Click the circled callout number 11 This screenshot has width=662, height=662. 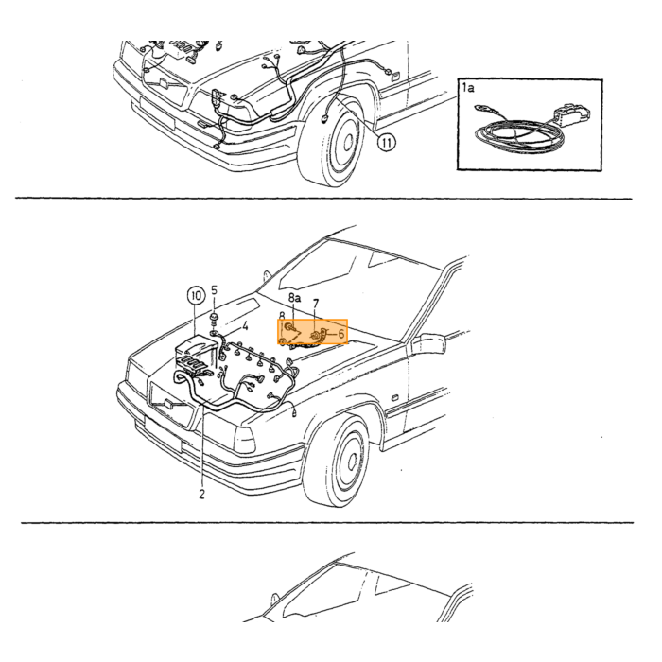point(386,142)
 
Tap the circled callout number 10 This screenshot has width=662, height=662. point(196,295)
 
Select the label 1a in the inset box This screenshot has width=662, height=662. point(468,87)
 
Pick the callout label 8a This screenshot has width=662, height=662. point(295,298)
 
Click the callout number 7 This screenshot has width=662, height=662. point(316,304)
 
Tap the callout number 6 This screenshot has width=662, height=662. point(341,335)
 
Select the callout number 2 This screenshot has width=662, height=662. point(201,494)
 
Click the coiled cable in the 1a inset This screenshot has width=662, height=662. point(519,136)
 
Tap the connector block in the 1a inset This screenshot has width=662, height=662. point(571,113)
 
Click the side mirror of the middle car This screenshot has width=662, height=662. point(428,343)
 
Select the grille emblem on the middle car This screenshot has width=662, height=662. point(169,404)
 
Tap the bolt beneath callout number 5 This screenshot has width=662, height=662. point(214,319)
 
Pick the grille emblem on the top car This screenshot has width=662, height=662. point(164,82)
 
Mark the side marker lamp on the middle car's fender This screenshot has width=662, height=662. point(394,398)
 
